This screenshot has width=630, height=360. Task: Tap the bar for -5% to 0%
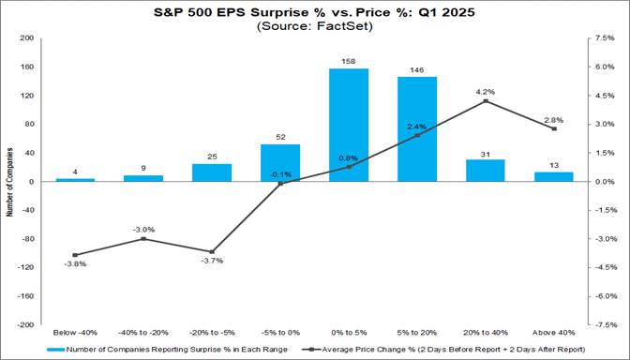click(x=280, y=163)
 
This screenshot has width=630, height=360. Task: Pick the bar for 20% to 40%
click(x=486, y=171)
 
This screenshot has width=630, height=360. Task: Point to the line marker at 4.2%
click(x=486, y=101)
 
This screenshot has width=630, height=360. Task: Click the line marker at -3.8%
click(x=75, y=255)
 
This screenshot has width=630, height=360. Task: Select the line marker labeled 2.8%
click(x=554, y=128)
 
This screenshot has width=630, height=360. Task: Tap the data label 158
click(x=349, y=62)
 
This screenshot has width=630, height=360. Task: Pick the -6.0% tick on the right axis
click(x=604, y=296)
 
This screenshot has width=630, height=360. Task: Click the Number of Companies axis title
click(x=9, y=181)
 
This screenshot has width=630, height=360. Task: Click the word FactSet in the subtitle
click(x=331, y=27)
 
